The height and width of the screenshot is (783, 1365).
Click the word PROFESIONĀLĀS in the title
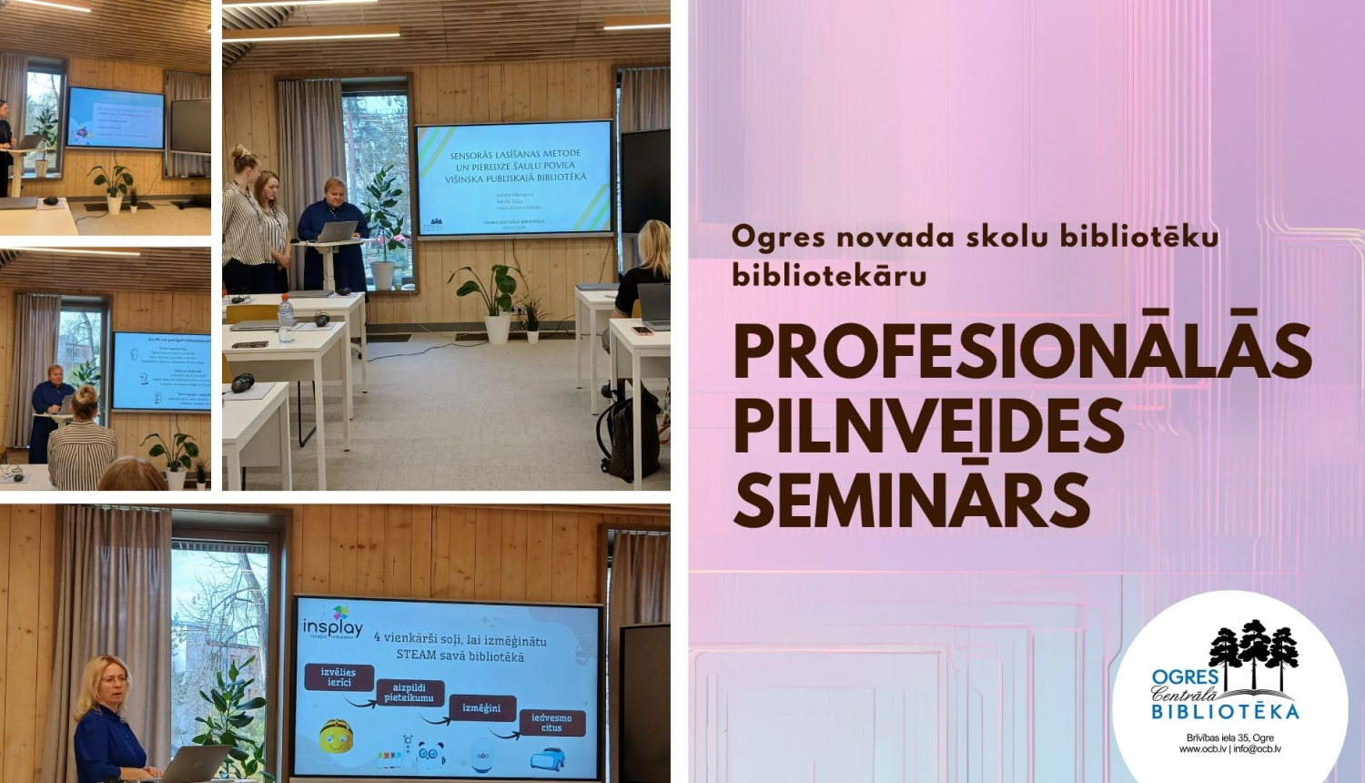point(1022,351)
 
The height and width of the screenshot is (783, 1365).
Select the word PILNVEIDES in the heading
point(928,426)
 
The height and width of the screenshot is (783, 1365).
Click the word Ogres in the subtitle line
point(778,237)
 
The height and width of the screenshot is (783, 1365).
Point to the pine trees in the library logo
point(1254,648)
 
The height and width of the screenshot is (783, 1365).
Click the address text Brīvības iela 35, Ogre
point(1229,737)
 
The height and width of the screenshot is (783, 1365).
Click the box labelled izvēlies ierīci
point(338,676)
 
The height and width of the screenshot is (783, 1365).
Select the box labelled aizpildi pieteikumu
point(409,693)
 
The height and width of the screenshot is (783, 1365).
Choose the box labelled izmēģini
point(481,707)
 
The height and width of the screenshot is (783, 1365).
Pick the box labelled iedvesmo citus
point(551,723)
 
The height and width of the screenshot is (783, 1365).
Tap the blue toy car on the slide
point(547,758)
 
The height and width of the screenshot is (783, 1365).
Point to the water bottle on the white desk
point(286,319)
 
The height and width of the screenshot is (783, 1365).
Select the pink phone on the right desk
point(642,330)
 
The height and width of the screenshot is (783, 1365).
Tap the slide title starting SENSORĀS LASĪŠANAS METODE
point(515,166)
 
